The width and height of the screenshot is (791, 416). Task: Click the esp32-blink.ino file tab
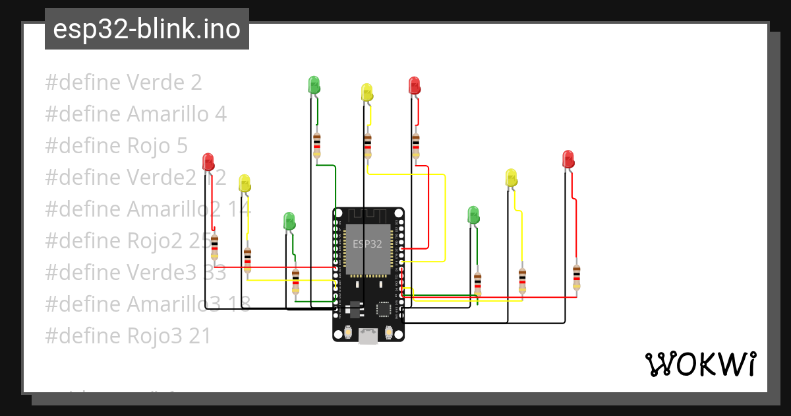[x=146, y=29]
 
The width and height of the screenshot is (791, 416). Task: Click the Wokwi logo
[x=701, y=364]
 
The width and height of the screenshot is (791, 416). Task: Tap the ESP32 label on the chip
[x=367, y=244]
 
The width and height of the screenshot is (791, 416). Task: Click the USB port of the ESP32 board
[x=368, y=336]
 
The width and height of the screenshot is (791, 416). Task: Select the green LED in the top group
[x=314, y=85]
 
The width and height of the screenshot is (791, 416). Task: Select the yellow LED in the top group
[x=367, y=92]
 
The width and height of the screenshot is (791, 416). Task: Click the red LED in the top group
[x=414, y=85]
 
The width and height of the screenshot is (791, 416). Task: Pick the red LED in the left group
[x=208, y=161]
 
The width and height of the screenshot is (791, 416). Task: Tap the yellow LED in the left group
[x=245, y=184]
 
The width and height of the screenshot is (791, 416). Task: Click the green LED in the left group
[x=289, y=221]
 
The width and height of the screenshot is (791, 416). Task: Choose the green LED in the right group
[x=473, y=215]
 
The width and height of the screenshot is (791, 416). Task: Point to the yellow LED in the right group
[x=511, y=178]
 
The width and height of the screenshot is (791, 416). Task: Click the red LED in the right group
[x=568, y=159]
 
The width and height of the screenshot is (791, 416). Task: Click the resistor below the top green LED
[x=317, y=145]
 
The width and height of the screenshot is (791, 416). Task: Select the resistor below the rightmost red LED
[x=577, y=277]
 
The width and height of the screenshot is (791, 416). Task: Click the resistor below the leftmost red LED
[x=214, y=248]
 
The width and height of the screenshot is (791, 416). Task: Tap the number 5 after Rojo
[x=182, y=146]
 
